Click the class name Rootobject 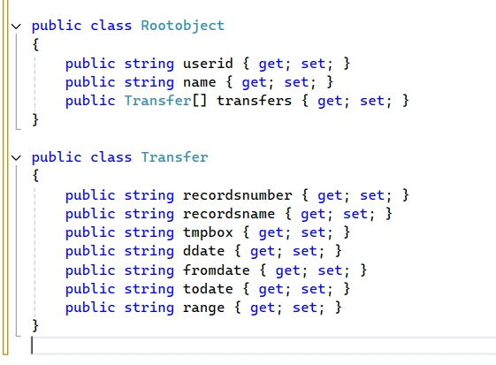click(x=182, y=26)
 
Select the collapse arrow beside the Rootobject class click(x=16, y=27)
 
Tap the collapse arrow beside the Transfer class click(x=16, y=157)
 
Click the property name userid click(x=208, y=64)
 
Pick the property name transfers click(x=254, y=101)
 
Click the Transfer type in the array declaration click(x=158, y=101)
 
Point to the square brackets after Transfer click(x=200, y=101)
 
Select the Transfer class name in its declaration click(x=174, y=157)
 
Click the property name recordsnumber click(x=237, y=195)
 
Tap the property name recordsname click(x=229, y=214)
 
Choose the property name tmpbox click(x=208, y=232)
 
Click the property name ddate click(x=203, y=251)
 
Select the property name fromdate click(x=217, y=270)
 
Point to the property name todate click(x=208, y=289)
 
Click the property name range click(x=203, y=308)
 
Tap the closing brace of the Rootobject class click(x=35, y=120)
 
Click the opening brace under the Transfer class click(x=35, y=176)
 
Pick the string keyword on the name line click(x=149, y=82)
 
